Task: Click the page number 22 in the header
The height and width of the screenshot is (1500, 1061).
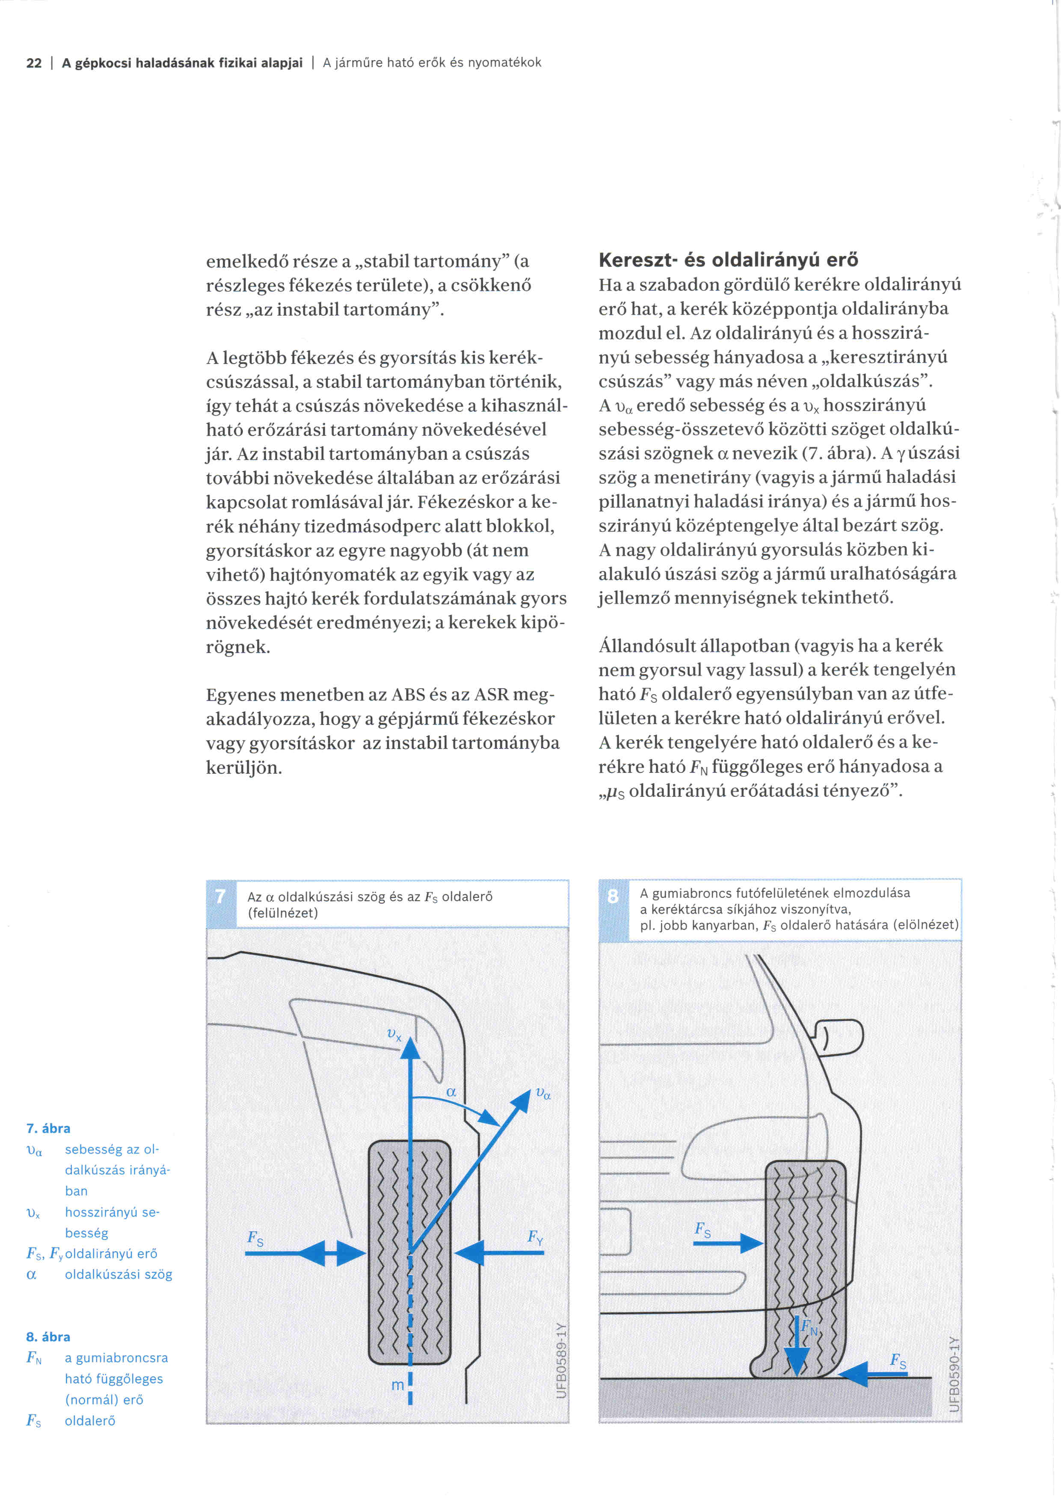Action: (x=33, y=63)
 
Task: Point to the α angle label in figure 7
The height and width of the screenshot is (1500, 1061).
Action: (x=451, y=1092)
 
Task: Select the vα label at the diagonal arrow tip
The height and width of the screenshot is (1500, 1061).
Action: (x=543, y=1092)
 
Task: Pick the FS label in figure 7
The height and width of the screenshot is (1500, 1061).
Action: (x=255, y=1237)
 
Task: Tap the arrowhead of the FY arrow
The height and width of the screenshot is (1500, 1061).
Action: (x=469, y=1252)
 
